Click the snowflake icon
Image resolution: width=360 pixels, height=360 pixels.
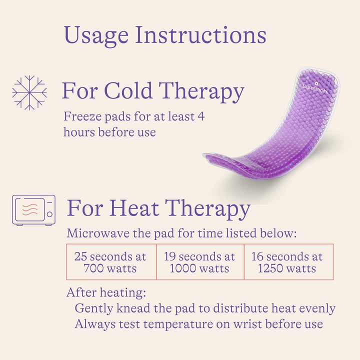(x=29, y=92)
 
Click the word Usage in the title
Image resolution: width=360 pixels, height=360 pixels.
(x=96, y=35)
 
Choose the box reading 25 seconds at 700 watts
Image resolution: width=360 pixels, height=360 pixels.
(x=111, y=262)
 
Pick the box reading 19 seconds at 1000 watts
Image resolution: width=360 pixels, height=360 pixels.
(x=199, y=262)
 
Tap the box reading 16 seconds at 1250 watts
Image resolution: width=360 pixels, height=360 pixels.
(x=287, y=262)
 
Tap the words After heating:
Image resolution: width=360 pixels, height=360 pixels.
(x=106, y=292)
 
